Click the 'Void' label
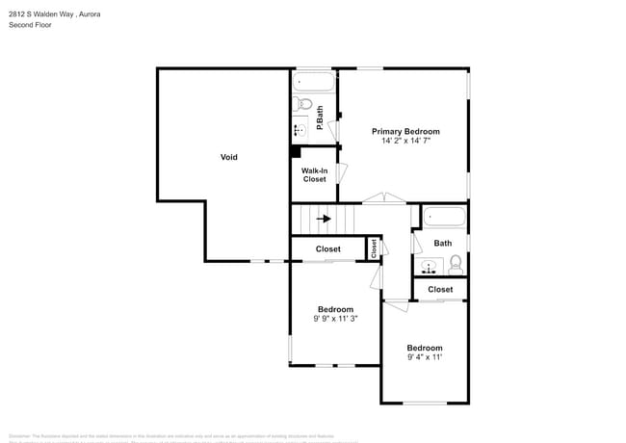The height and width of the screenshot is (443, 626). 228,157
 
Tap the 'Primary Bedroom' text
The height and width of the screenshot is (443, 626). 405,131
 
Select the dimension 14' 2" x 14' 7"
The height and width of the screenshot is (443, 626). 405,141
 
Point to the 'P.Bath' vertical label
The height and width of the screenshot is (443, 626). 320,113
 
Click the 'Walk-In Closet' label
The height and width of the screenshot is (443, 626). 315,175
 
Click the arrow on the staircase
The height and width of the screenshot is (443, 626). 325,219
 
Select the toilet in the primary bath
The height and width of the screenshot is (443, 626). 302,102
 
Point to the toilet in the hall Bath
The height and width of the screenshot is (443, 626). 456,262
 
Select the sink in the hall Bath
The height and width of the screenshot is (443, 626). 428,263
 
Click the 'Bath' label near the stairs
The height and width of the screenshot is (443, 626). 442,244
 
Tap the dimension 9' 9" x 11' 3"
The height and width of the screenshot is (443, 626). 335,319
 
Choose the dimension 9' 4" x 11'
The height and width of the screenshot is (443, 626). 424,357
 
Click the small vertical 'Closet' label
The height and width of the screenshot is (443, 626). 373,248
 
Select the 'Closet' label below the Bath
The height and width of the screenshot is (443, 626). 440,289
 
